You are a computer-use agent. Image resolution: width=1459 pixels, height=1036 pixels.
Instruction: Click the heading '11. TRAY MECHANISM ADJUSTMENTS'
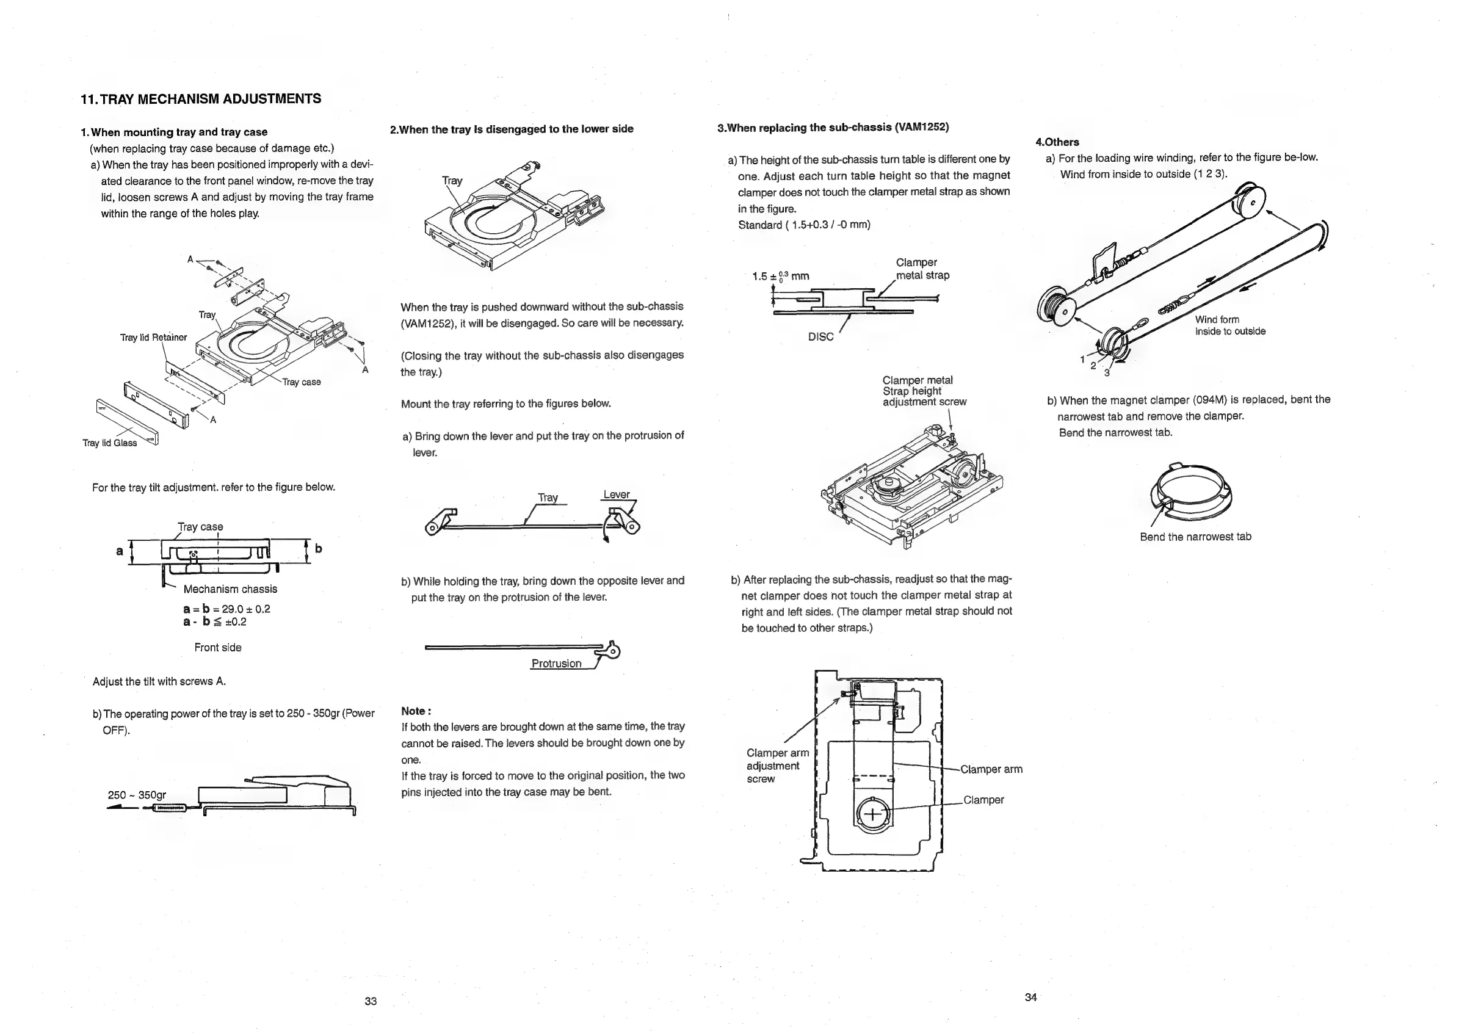point(201,99)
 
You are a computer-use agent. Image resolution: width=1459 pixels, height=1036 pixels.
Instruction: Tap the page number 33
point(371,1001)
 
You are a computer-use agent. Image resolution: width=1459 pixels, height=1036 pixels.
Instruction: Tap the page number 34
point(1030,997)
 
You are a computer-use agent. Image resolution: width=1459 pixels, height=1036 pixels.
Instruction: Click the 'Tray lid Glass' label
point(110,443)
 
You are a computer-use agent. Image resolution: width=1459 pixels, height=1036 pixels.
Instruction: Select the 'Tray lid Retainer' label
point(154,338)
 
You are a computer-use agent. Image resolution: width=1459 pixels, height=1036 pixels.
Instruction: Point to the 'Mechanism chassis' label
point(230,589)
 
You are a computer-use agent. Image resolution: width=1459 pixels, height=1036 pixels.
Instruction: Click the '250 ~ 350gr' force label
point(137,795)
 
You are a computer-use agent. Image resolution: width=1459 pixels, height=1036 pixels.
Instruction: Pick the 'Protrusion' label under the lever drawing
point(556,664)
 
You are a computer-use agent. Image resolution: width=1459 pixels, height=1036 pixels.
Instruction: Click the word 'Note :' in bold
point(416,711)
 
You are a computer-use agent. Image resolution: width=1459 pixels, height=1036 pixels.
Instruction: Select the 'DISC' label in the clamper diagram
point(820,337)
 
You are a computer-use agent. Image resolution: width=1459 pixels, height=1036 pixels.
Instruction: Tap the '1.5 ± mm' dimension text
point(780,276)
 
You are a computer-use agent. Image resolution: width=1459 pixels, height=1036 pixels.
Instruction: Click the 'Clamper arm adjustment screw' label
point(777,766)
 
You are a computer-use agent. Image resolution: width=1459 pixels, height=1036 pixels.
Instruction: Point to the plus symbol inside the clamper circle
point(872,814)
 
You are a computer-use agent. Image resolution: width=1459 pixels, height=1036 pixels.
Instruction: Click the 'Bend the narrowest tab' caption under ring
point(1195,537)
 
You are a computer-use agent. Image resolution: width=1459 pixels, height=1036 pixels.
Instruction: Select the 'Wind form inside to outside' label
point(1230,325)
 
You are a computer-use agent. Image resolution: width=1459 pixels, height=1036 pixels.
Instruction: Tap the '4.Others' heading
point(1057,142)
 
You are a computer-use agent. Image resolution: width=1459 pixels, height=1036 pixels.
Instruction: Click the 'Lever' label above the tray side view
point(617,494)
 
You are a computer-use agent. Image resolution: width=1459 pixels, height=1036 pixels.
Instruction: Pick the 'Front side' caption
point(217,648)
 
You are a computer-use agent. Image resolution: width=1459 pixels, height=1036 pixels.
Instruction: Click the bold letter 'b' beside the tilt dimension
point(318,548)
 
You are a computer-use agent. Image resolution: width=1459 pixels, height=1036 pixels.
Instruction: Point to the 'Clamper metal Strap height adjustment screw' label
point(924,391)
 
